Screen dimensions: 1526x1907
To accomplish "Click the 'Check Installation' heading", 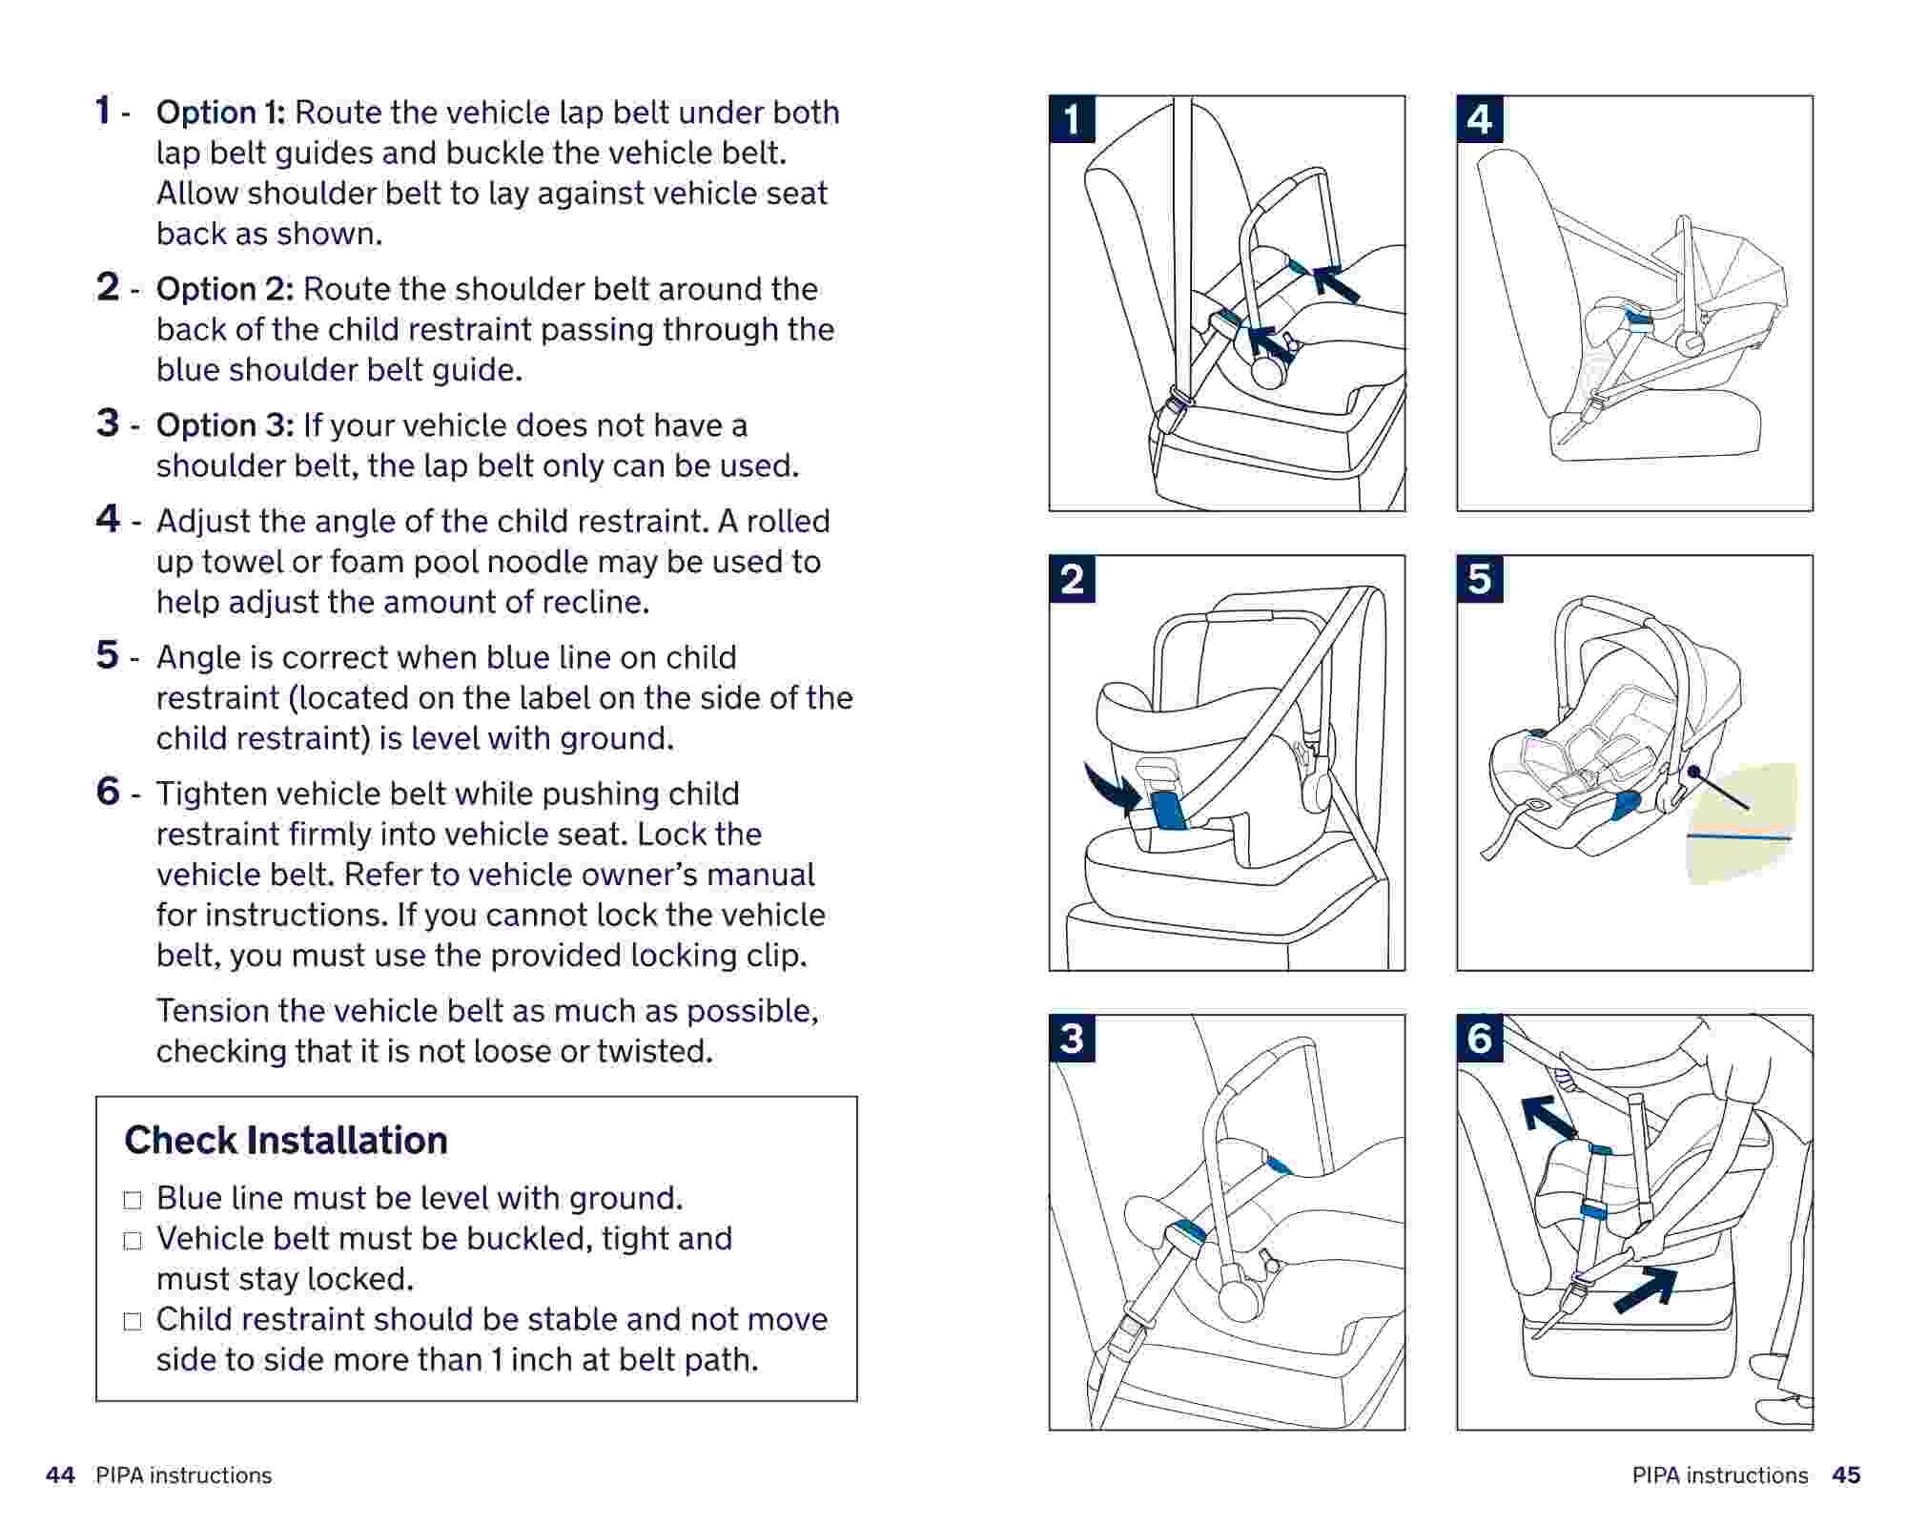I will pyautogui.click(x=286, y=1140).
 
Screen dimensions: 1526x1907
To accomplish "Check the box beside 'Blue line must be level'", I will pyautogui.click(x=133, y=1200).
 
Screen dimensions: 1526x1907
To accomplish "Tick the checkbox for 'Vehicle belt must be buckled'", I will pyautogui.click(x=133, y=1241).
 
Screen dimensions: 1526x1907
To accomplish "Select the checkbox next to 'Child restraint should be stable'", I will pyautogui.click(x=133, y=1321).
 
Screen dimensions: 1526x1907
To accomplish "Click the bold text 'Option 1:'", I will pyautogui.click(x=220, y=113).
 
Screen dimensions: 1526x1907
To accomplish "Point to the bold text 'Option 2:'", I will pyautogui.click(x=224, y=289).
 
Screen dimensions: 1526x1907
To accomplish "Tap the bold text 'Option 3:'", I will pyautogui.click(x=224, y=425).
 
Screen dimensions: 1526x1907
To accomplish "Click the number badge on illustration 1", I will pyautogui.click(x=1073, y=119).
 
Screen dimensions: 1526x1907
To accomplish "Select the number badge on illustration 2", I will pyautogui.click(x=1073, y=579).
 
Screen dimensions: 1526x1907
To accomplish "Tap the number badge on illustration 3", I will pyautogui.click(x=1073, y=1038).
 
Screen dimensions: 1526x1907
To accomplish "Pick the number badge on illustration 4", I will pyautogui.click(x=1480, y=119).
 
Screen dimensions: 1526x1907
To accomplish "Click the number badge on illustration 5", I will pyautogui.click(x=1480, y=579).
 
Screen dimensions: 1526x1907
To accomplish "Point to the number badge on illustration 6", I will pyautogui.click(x=1480, y=1038).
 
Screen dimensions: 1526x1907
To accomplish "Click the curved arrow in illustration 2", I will pyautogui.click(x=1111, y=788).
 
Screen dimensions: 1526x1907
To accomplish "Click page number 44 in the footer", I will pyautogui.click(x=60, y=1475).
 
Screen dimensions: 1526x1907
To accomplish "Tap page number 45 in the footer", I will pyautogui.click(x=1846, y=1475).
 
